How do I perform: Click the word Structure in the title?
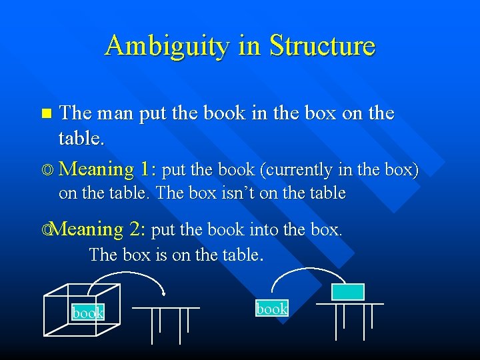322,46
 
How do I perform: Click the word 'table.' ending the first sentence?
81,138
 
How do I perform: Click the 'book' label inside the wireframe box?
88,313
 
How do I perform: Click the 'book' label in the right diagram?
272,308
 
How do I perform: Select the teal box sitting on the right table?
348,292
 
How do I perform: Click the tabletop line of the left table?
165,307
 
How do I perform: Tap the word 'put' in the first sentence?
152,113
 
